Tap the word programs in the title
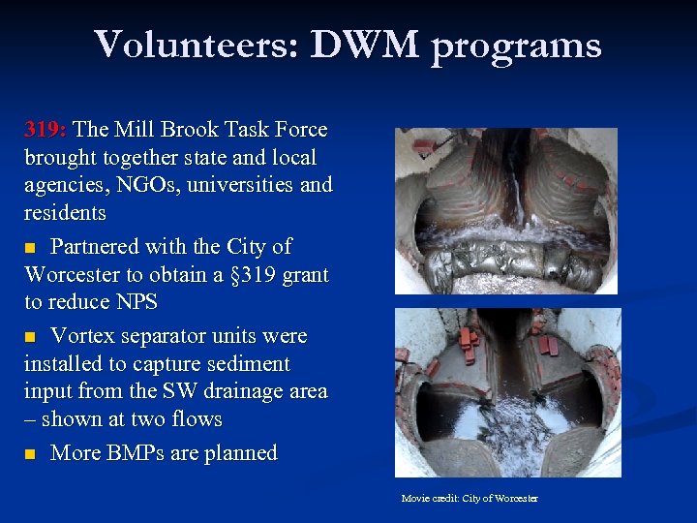point(516,46)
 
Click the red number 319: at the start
point(45,130)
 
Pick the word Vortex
point(83,336)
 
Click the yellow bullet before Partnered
point(30,248)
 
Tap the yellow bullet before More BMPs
point(30,454)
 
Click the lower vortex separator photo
point(507,392)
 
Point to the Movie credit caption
point(470,498)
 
